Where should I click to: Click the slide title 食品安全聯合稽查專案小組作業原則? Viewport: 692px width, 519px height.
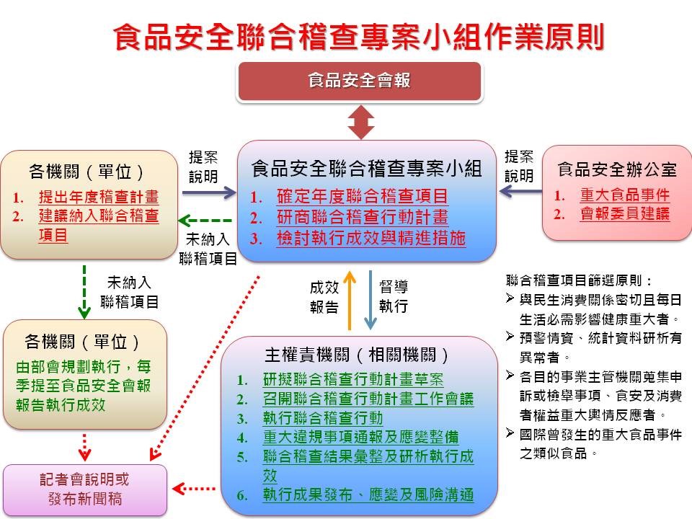[358, 37]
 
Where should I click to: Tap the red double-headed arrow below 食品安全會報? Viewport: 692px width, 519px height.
[361, 122]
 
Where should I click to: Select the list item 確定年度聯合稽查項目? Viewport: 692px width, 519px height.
[362, 196]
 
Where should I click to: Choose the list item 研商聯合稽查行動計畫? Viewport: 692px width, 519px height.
[362, 217]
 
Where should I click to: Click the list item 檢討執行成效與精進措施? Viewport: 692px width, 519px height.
[371, 239]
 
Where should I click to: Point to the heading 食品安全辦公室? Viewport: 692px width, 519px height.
[617, 170]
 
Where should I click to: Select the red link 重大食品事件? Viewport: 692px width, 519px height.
[624, 195]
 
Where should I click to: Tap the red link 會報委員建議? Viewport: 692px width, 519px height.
[624, 214]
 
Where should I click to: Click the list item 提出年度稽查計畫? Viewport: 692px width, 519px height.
[98, 197]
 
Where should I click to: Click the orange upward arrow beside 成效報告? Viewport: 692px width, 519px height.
[350, 299]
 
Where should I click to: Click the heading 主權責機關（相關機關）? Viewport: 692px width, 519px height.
[358, 355]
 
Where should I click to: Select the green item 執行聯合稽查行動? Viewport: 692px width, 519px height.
[322, 418]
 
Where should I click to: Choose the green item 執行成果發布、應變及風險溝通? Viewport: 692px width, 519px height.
[368, 494]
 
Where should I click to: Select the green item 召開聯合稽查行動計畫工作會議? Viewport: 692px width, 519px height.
[368, 399]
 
